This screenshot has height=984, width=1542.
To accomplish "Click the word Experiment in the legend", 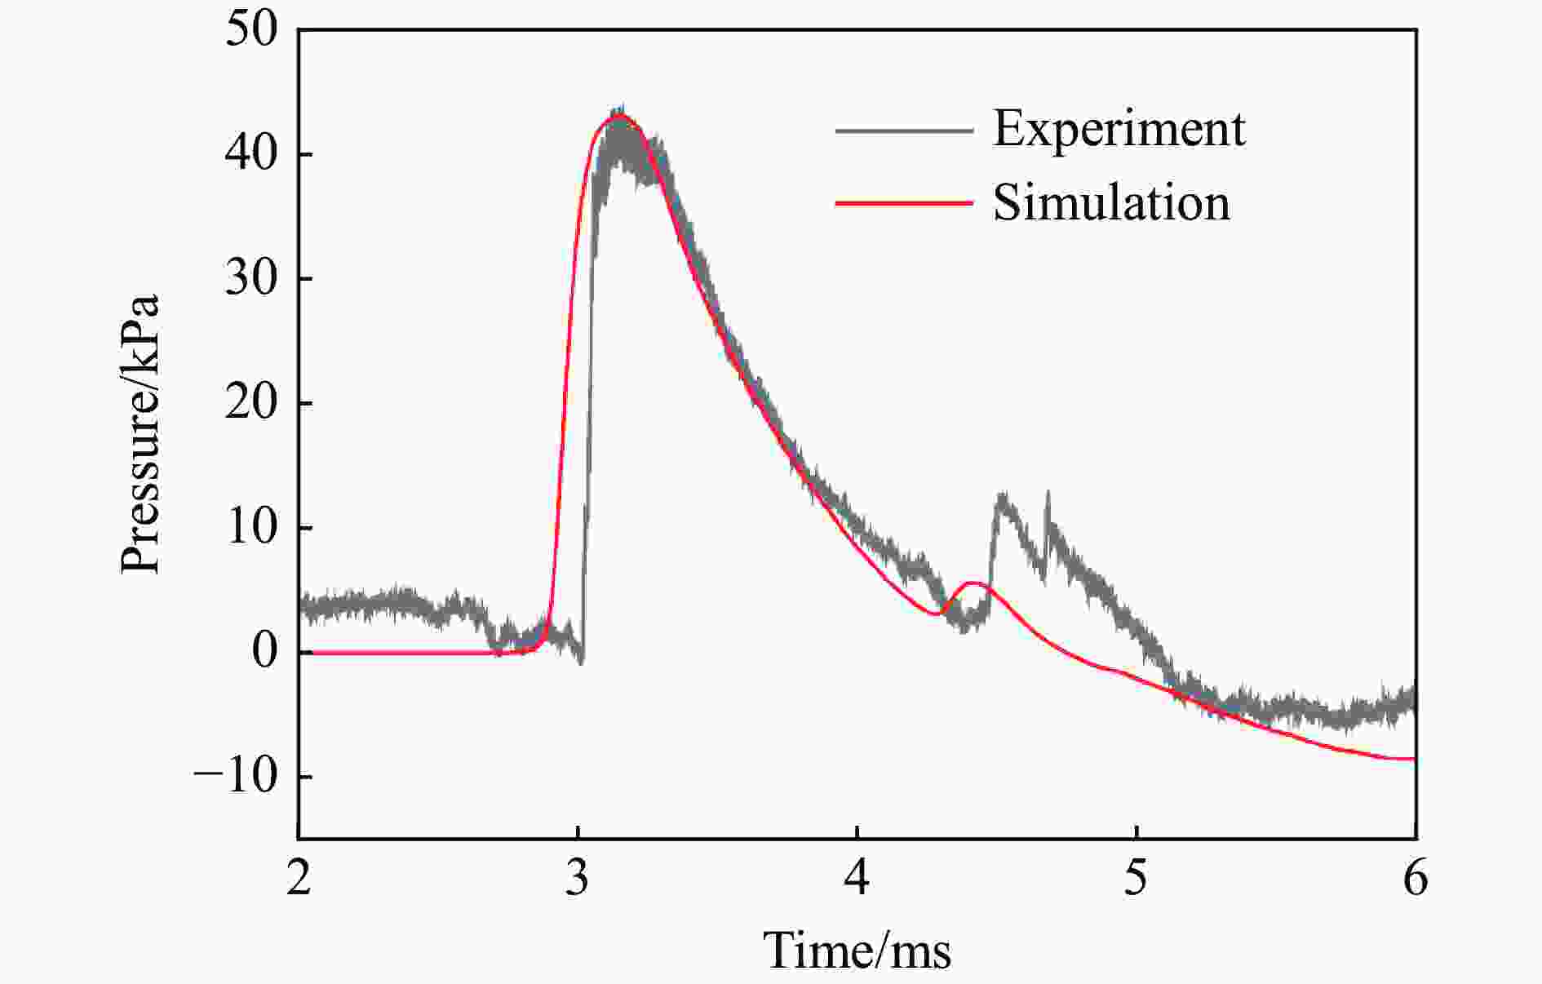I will pos(1119,130).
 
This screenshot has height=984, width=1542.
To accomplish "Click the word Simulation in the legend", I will pos(1111,203).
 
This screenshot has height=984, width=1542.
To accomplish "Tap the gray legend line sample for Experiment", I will pos(904,131).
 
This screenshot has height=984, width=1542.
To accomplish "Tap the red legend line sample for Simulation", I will pos(904,202).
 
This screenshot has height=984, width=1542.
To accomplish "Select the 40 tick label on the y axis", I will pos(251,154).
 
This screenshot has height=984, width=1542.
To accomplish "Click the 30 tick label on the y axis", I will pos(251,279).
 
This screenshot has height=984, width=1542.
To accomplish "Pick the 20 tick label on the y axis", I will pos(251,403).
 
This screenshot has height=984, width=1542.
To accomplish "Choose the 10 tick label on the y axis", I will pos(251,528).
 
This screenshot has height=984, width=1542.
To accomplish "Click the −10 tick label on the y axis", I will pos(237,777).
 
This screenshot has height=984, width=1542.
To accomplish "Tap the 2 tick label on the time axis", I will pos(299,880).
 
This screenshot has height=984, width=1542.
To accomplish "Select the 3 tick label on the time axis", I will pos(578,880).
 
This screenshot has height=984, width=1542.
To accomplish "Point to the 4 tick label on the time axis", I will pos(857,880).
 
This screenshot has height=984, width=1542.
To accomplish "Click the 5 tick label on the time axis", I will pos(1136,880).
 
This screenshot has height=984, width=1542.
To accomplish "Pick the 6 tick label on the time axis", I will pos(1415,880).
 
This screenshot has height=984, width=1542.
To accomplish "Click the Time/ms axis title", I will pos(857,951).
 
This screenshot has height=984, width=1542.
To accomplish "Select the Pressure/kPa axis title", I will pos(140,434).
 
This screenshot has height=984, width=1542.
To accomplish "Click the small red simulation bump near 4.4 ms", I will pos(973,583).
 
